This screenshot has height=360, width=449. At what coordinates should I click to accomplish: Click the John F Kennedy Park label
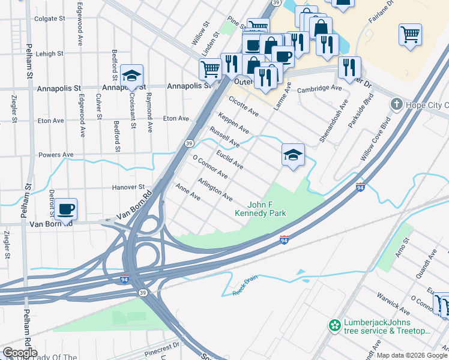click(x=260, y=208)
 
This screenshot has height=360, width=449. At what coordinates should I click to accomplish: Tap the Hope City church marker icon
click(x=396, y=105)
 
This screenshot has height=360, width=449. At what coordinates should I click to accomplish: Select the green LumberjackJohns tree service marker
click(x=334, y=326)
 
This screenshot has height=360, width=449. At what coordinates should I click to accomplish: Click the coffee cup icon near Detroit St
click(x=67, y=209)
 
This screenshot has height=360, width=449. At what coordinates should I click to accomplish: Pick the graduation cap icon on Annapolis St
click(x=131, y=76)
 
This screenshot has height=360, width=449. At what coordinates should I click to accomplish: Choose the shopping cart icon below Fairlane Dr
click(x=410, y=35)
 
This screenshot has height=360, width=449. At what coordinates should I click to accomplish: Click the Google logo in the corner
click(x=20, y=353)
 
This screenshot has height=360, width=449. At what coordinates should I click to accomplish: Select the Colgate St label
click(x=49, y=19)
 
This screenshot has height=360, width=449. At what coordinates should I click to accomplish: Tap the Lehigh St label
click(x=49, y=53)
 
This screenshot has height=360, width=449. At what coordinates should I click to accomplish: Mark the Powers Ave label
click(x=56, y=154)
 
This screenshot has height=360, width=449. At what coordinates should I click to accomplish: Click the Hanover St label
click(x=129, y=187)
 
